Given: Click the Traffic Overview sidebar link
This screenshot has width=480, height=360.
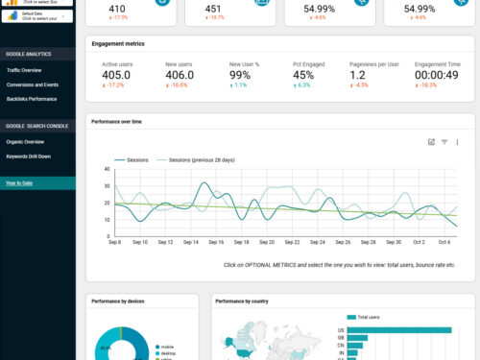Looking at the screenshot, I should [24, 70].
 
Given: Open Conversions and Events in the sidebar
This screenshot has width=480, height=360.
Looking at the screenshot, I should [32, 84].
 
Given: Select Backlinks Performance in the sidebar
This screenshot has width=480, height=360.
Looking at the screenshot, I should [31, 99].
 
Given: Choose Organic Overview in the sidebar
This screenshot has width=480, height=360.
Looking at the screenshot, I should [25, 141].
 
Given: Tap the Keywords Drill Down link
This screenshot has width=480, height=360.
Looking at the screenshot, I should [29, 156].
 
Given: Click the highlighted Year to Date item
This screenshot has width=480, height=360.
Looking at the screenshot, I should [19, 182].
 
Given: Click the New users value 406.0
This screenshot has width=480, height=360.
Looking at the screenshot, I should [180, 75].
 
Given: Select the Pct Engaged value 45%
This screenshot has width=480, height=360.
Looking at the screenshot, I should [303, 75].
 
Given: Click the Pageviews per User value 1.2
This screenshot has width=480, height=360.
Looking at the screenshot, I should [357, 75].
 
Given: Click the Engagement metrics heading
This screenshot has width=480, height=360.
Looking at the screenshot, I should [118, 43].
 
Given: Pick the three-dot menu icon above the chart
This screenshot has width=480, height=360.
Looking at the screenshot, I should [457, 142].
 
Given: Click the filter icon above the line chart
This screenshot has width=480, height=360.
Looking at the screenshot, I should [444, 142].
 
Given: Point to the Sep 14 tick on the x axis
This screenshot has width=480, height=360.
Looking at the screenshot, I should [190, 242].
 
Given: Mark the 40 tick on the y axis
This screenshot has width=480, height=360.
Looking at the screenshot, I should [107, 169].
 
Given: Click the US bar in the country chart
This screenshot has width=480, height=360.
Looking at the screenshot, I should [398, 329].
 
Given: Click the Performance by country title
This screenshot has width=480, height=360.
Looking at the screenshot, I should [241, 301].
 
